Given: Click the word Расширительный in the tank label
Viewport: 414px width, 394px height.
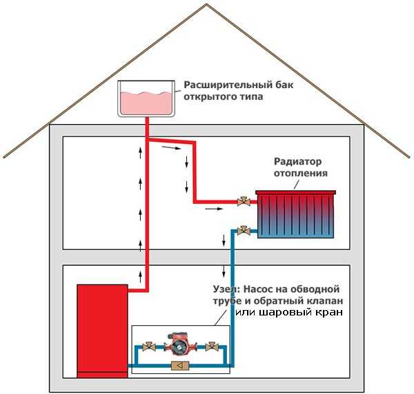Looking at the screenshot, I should click(x=220, y=86).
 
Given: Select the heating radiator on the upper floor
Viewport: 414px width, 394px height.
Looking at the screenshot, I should click(x=296, y=214).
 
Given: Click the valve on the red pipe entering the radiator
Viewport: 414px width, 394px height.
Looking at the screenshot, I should click(x=243, y=202).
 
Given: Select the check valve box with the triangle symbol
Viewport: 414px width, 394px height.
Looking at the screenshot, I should click(x=179, y=366).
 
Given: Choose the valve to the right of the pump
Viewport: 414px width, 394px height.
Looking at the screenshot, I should click(x=210, y=347).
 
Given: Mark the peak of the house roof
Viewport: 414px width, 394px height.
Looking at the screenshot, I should click(x=207, y=5).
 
